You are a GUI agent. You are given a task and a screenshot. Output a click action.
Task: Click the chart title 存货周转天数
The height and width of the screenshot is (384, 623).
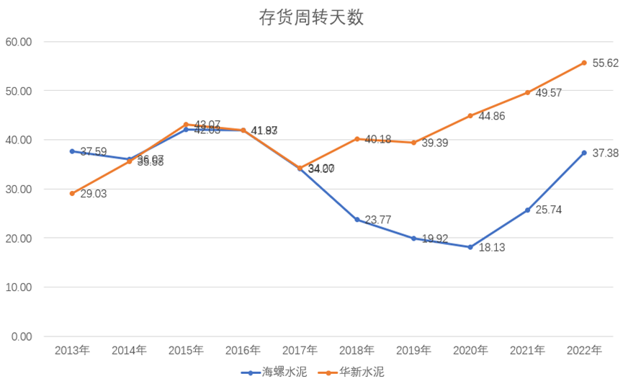click(x=311, y=17)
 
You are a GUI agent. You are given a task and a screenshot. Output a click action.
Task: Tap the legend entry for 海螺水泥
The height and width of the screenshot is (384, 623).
click(x=272, y=372)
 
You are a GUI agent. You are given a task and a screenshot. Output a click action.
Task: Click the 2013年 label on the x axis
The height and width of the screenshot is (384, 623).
click(x=72, y=351)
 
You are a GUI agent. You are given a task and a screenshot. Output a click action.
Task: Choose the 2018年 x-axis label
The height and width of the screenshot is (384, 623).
click(x=357, y=351)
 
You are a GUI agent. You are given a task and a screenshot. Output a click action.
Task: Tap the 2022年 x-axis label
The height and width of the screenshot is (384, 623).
click(x=584, y=351)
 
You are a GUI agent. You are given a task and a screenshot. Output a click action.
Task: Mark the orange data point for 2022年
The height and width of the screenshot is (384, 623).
click(x=584, y=63)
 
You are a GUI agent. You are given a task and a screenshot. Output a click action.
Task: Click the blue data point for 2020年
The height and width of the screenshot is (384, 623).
click(x=470, y=247)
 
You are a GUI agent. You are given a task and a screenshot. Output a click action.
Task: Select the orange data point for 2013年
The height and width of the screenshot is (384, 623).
click(x=72, y=193)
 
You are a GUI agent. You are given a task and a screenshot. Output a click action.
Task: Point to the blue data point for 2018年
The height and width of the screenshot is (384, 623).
click(x=357, y=219)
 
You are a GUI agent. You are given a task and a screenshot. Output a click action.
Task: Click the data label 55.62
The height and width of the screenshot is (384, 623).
click(x=604, y=63)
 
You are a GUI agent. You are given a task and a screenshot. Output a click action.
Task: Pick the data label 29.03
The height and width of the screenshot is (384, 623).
click(x=93, y=194)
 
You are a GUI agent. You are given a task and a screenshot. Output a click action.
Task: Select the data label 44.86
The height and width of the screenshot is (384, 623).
click(x=491, y=116)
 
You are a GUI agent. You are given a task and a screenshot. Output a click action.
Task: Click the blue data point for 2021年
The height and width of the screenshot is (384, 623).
click(x=527, y=210)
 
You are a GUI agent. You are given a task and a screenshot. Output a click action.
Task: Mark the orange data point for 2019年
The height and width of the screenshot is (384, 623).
click(x=413, y=143)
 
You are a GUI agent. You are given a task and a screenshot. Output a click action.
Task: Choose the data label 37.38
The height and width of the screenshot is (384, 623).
click(x=604, y=153)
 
